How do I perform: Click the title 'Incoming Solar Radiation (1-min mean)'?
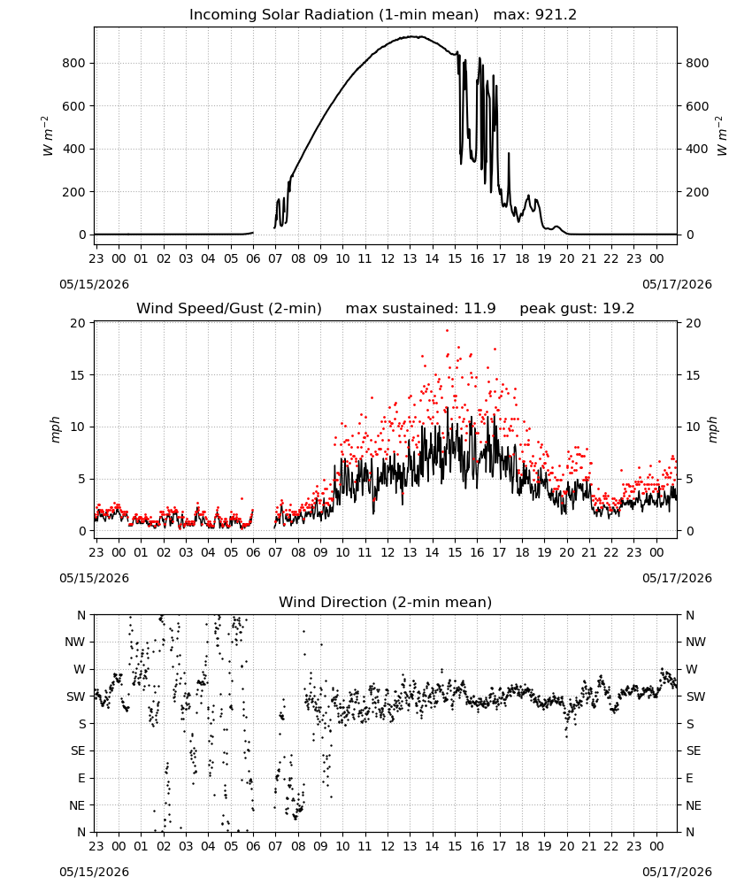(x=334, y=15)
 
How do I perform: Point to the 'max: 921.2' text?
(x=535, y=15)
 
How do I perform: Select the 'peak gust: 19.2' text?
(x=577, y=309)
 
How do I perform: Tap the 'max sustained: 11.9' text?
(x=420, y=309)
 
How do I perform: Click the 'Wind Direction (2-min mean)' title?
(x=386, y=602)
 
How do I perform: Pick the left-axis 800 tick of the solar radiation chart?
(x=74, y=63)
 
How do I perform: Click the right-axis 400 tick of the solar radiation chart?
(x=697, y=149)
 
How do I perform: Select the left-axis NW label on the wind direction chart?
(x=75, y=643)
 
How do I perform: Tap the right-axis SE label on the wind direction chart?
(x=694, y=751)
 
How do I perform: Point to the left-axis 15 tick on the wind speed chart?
(x=78, y=375)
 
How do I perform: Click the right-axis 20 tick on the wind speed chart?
(x=694, y=323)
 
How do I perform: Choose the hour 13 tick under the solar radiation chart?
(x=410, y=259)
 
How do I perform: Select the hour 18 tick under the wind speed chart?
(x=522, y=552)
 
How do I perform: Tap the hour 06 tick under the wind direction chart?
(x=253, y=846)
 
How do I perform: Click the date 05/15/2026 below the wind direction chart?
(x=94, y=872)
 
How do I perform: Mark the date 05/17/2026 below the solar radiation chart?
(x=677, y=284)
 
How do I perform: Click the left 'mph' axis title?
(x=55, y=429)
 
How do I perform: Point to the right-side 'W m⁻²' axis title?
(x=723, y=136)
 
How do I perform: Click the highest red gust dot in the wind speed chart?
(x=448, y=331)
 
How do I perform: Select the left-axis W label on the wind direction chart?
(x=80, y=669)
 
